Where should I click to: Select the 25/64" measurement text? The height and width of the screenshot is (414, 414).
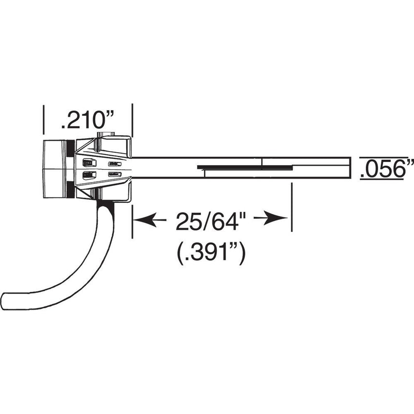(x=210, y=221)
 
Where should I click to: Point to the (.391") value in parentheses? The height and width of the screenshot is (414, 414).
(x=210, y=254)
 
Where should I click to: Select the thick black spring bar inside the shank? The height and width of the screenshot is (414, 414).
(x=243, y=167)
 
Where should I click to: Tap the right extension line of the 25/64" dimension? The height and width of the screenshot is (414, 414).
(x=292, y=207)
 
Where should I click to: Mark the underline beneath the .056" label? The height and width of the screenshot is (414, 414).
(x=381, y=179)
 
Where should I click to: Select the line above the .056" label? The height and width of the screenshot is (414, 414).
(x=381, y=156)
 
